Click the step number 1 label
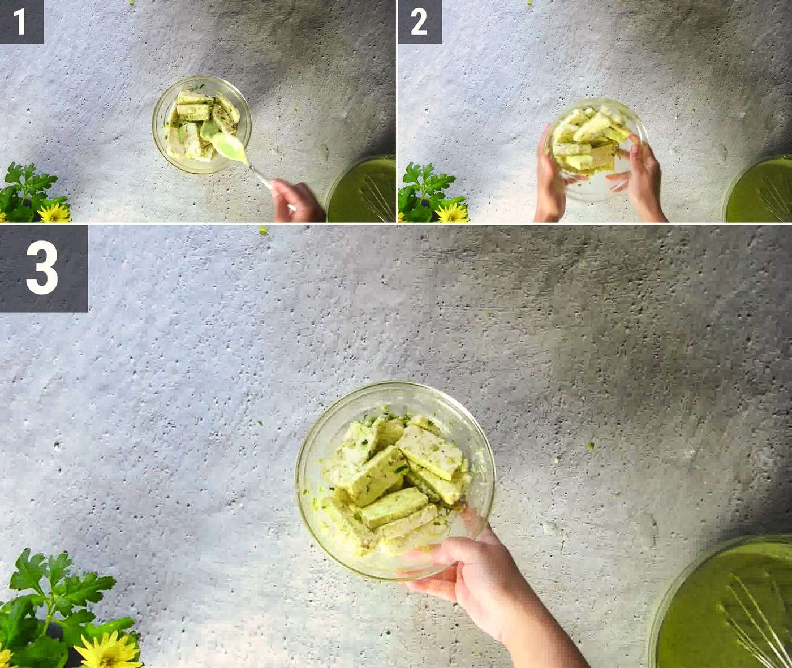20,22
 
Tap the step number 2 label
419,22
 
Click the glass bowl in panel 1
202,124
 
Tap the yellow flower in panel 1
54,213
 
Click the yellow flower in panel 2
452,213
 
